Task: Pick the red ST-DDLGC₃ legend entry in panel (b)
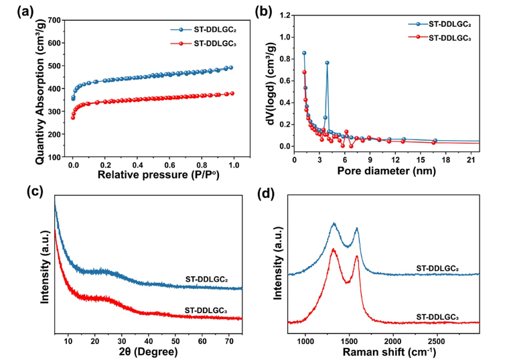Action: coord(445,38)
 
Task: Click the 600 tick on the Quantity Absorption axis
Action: coord(60,43)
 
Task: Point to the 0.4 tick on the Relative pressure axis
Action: coord(137,165)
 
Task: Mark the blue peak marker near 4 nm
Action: coord(327,62)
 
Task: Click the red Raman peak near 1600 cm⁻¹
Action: coord(357,256)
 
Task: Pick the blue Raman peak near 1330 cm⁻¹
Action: coord(334,223)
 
